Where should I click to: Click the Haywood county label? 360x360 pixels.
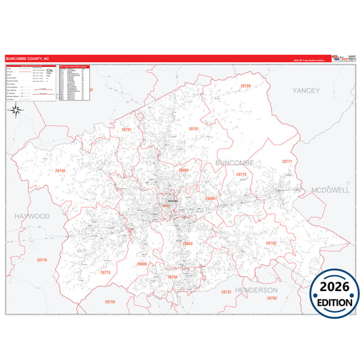click(x=31, y=216)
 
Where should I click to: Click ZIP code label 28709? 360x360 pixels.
click(x=245, y=86)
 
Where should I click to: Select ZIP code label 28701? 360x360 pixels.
click(x=126, y=128)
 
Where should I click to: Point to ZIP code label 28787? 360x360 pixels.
click(x=193, y=128)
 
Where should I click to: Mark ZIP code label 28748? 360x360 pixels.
click(x=60, y=171)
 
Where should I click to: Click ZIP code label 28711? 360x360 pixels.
click(x=286, y=162)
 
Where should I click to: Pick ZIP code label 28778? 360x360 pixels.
click(x=241, y=175)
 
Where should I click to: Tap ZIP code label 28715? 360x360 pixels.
click(x=105, y=272)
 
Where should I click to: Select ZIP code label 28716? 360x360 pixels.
click(x=42, y=260)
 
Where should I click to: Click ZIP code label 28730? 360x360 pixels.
click(x=271, y=242)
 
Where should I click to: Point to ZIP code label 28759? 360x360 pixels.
click(x=109, y=302)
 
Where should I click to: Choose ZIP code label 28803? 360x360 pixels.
click(x=188, y=243)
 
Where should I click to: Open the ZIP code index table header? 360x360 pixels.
click(x=75, y=68)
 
